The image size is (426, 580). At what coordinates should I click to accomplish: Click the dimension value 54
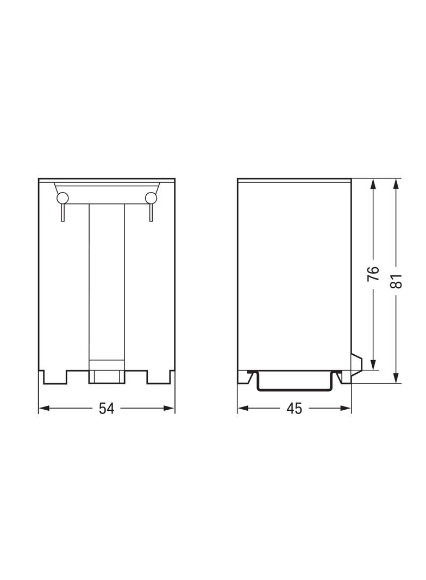pyautogui.click(x=107, y=409)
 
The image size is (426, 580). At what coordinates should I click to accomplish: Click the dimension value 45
pyautogui.click(x=294, y=409)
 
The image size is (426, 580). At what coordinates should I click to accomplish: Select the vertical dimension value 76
pyautogui.click(x=374, y=273)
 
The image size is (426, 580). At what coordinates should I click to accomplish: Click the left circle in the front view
pyautogui.click(x=62, y=198)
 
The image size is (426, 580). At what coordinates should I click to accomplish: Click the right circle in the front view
pyautogui.click(x=151, y=198)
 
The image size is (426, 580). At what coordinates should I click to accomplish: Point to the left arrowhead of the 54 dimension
pyautogui.click(x=44, y=409)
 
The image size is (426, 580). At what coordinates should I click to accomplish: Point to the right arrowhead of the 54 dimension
pyautogui.click(x=169, y=409)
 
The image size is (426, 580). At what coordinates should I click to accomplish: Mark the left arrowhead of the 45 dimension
pyautogui.click(x=243, y=409)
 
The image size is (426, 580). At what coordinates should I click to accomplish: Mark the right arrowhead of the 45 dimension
pyautogui.click(x=346, y=409)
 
